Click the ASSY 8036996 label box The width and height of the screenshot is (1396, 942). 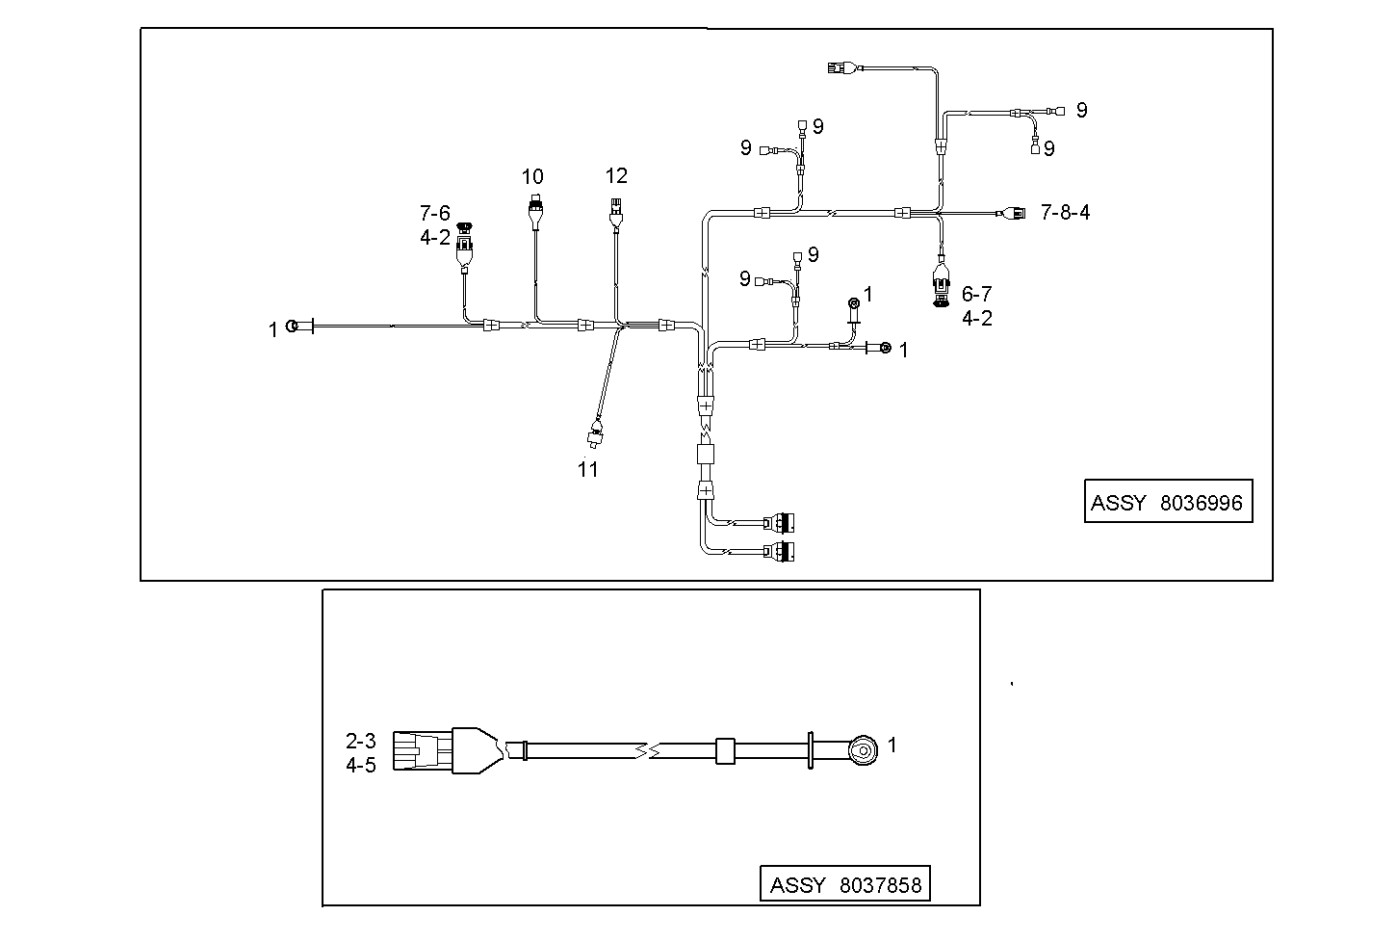pos(1167,502)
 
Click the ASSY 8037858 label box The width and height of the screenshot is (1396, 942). pos(845,884)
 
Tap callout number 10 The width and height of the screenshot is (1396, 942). pos(532,177)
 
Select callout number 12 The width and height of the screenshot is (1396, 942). pos(616,175)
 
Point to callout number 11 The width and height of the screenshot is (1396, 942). pos(587,469)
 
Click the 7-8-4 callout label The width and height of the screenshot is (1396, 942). pos(1065,212)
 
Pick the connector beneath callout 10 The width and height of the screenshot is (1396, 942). pos(533,208)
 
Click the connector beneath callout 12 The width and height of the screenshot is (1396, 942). pos(615,207)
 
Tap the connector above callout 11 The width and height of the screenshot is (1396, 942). pos(596,436)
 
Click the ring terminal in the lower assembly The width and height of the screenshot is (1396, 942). pos(862,749)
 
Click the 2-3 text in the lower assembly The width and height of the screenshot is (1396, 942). pos(361,741)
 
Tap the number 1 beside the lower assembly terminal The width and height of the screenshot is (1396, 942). pos(892,745)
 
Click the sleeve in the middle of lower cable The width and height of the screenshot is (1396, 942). pos(724,750)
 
